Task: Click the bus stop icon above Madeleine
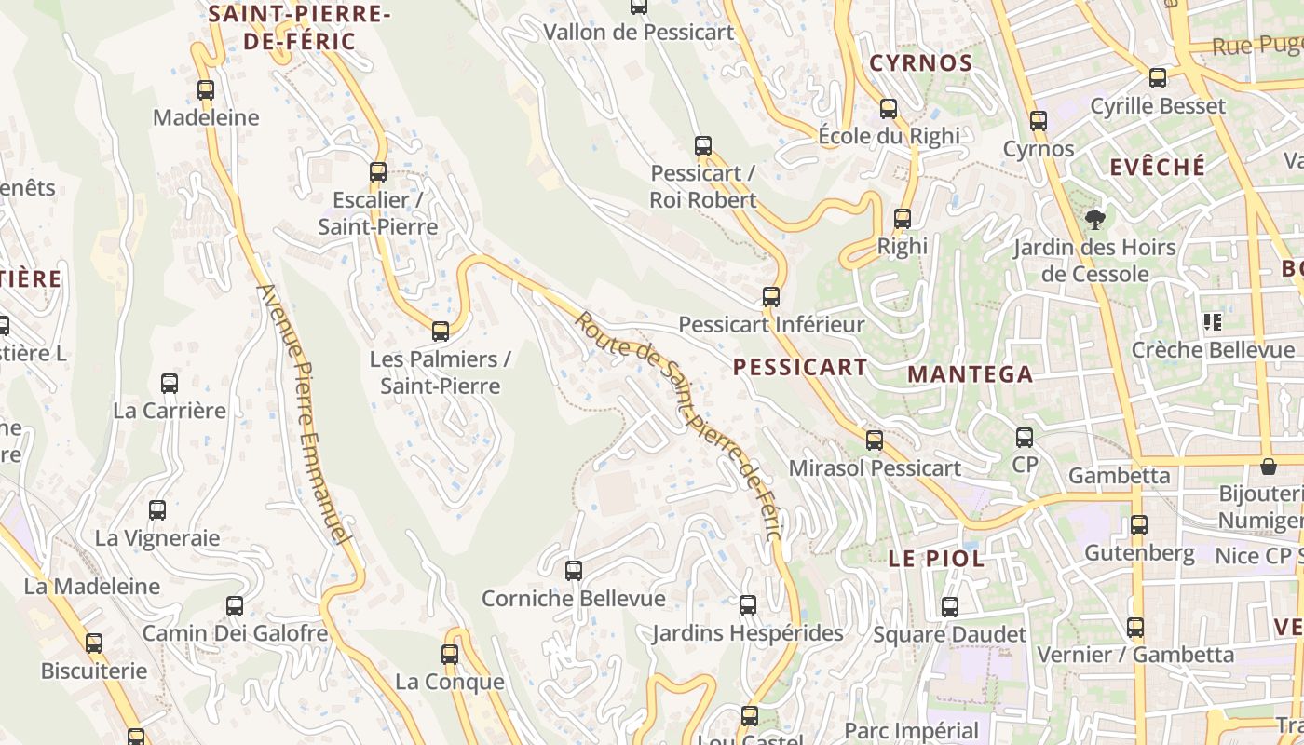206,90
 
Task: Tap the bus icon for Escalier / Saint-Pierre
377,172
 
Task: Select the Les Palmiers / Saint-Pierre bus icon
441,332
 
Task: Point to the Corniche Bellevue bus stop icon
574,571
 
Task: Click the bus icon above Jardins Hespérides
748,605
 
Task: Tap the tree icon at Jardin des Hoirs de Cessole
1095,220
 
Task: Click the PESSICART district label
800,367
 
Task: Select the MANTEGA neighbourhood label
970,374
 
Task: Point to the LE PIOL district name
936,559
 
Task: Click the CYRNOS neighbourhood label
920,63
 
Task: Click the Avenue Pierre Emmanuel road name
305,413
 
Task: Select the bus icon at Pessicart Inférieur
771,297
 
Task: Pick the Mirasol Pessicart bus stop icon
875,440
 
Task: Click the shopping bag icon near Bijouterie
1268,466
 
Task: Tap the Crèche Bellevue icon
1212,322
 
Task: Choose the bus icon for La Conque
450,655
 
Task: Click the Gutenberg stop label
1139,553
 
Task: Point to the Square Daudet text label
950,634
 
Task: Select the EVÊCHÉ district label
1158,168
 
